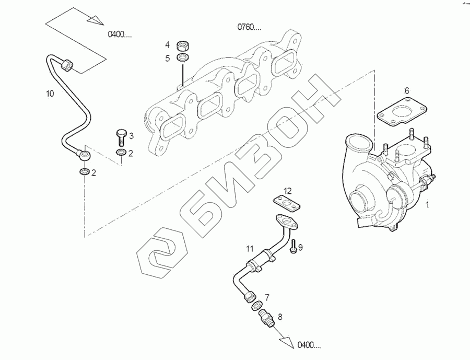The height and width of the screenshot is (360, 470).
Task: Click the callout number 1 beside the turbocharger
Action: point(427,205)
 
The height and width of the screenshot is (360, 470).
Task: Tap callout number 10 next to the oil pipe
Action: point(50,94)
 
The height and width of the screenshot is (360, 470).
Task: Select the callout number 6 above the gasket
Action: point(407,90)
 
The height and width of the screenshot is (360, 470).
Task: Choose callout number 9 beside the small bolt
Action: point(300,247)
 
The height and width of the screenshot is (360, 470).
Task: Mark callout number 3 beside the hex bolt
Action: point(131,136)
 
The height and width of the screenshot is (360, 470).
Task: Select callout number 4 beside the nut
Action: point(168,44)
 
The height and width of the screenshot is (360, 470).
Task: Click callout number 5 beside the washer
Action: point(168,58)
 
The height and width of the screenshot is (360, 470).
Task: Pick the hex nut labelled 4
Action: point(183,44)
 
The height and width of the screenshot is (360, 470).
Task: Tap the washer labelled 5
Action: point(183,56)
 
